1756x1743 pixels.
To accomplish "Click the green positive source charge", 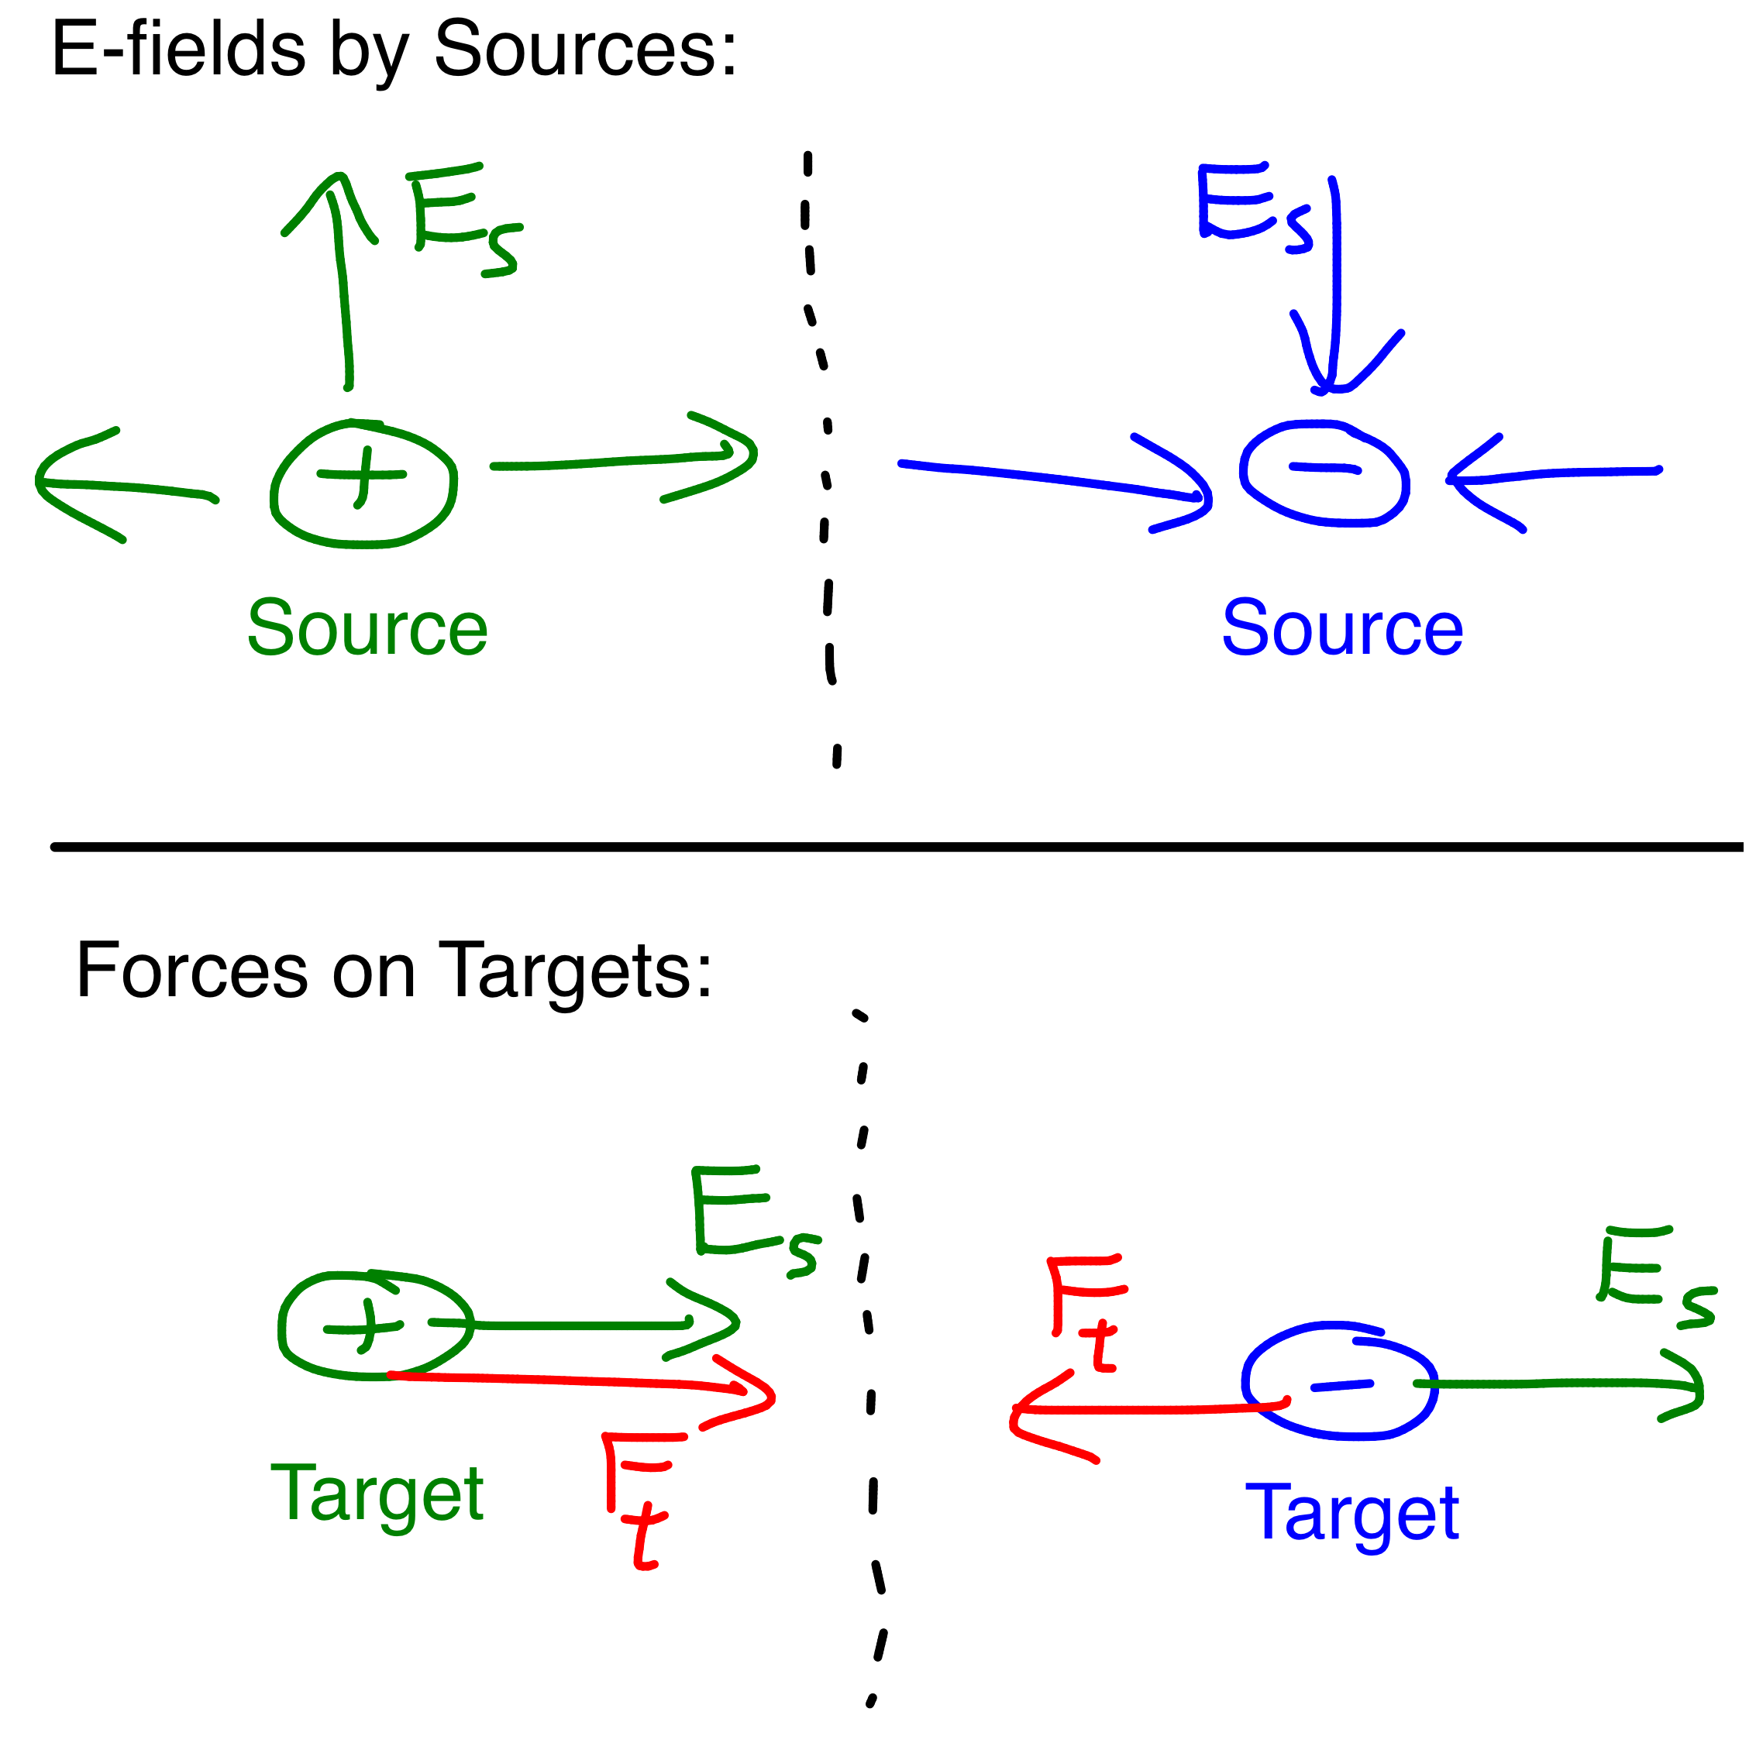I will point(363,483).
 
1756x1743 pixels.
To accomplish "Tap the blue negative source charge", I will point(1324,473).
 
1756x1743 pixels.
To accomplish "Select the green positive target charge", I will point(374,1326).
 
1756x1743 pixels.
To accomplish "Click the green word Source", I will point(367,628).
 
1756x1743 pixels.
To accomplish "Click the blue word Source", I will point(1341,628).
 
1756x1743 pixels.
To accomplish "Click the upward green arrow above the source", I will point(342,282).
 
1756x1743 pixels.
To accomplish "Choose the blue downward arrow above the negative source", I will point(1335,290).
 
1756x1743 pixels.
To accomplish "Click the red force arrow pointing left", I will point(1145,1409).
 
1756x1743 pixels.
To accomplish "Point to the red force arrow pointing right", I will point(582,1381).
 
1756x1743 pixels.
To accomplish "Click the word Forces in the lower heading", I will point(191,971).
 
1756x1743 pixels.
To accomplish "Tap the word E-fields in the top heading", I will point(178,50).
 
